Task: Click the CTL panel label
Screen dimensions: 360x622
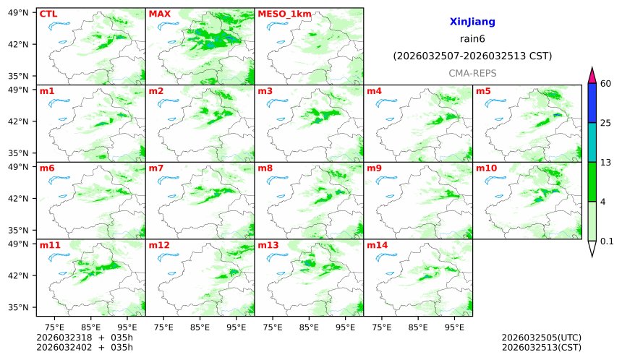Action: pos(48,14)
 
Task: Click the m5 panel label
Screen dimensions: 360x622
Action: pos(483,91)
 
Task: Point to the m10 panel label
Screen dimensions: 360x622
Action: pos(486,168)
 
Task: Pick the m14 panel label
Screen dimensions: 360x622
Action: pos(377,246)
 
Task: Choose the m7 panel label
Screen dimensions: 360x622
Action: pos(157,168)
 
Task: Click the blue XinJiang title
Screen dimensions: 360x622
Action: pos(472,22)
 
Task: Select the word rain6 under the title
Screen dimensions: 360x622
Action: pos(472,39)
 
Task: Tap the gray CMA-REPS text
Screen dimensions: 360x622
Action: pos(472,73)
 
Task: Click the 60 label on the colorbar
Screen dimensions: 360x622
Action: pos(607,84)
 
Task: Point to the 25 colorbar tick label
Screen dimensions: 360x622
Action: pos(607,123)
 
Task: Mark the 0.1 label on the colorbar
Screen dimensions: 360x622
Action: pos(608,241)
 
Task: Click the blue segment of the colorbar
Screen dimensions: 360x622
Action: pos(592,103)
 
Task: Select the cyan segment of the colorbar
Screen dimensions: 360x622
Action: pos(592,142)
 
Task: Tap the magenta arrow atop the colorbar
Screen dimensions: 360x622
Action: pos(592,75)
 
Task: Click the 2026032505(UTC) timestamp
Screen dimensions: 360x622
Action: pos(541,338)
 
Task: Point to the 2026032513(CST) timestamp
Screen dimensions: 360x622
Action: pos(541,347)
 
